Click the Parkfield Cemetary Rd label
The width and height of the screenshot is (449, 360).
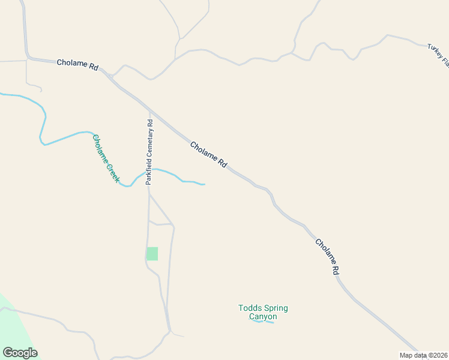150,152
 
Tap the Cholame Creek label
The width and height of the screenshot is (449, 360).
106,158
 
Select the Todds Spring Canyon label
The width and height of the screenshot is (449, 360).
263,312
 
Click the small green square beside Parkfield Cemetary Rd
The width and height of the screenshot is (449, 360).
152,254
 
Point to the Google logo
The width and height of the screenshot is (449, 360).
20,353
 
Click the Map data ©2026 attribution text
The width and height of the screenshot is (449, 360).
424,355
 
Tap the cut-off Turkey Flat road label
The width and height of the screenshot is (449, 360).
439,54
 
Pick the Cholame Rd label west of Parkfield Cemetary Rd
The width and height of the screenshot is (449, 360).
77,65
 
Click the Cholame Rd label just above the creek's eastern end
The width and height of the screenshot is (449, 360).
209,154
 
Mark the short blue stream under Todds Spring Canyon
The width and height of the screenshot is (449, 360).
264,322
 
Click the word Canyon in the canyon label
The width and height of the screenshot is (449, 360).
263,317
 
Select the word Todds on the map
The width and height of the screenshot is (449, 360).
250,308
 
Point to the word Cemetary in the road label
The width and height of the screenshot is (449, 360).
150,143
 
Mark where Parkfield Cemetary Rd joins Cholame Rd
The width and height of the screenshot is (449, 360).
149,110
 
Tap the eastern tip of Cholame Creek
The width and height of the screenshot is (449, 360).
204,184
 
